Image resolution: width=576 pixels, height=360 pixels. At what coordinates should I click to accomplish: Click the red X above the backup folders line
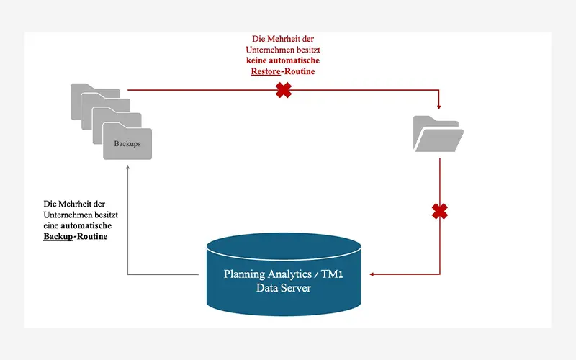(x=284, y=91)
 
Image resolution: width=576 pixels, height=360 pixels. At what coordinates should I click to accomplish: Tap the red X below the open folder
(x=440, y=212)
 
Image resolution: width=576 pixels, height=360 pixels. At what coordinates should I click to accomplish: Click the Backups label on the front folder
(x=127, y=143)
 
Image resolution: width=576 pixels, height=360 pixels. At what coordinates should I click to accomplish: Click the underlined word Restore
(x=265, y=72)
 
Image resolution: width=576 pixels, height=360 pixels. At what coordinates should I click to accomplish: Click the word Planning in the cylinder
(x=245, y=274)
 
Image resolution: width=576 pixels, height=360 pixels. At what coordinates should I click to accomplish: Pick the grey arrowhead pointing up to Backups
(x=127, y=164)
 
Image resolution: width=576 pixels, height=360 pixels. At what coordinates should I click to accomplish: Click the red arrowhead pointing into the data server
(x=372, y=274)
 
